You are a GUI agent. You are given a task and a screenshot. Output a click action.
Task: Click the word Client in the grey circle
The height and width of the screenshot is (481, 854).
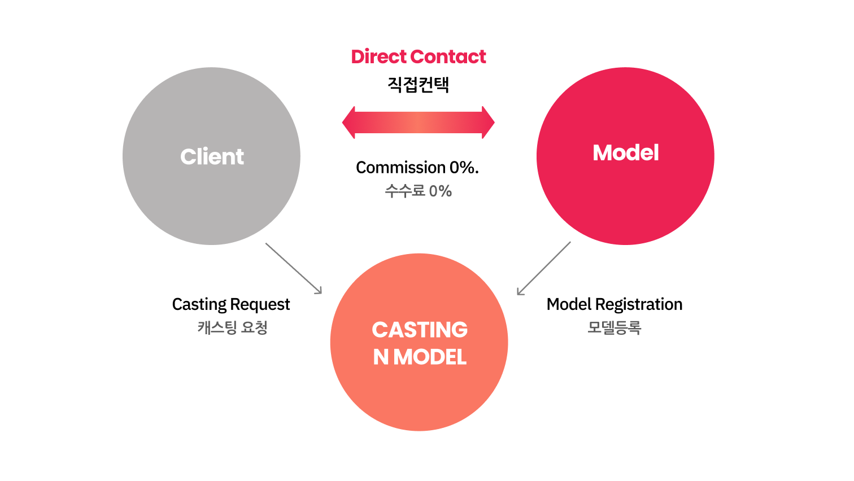[x=212, y=156]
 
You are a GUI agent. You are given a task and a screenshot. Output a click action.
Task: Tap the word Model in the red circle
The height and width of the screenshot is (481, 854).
[x=625, y=153]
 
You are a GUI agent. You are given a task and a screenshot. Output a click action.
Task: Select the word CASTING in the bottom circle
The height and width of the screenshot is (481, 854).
[x=420, y=330]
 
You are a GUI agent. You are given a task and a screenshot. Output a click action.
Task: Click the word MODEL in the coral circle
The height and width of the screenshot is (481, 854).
[x=430, y=357]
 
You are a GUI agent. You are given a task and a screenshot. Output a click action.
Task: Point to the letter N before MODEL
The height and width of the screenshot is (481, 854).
[x=381, y=357]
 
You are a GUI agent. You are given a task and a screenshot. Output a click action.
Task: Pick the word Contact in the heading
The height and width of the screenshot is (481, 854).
[x=448, y=56]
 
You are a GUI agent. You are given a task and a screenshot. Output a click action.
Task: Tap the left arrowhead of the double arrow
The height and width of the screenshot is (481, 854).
[x=349, y=122]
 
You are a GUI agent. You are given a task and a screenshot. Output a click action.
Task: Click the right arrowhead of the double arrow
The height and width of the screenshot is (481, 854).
[x=489, y=122]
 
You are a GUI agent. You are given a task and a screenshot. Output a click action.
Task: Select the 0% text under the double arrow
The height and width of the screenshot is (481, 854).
[x=441, y=191]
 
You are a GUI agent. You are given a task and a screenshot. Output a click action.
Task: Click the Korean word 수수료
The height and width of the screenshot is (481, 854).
[x=404, y=191]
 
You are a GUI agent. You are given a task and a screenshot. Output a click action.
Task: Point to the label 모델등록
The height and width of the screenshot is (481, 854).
[x=615, y=327]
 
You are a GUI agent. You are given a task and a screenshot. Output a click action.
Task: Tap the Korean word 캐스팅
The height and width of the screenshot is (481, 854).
[x=217, y=327]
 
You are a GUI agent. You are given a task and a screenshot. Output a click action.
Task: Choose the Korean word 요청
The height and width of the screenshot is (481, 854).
[x=254, y=327]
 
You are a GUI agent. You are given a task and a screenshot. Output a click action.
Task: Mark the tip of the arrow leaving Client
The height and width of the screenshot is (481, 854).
[x=321, y=293]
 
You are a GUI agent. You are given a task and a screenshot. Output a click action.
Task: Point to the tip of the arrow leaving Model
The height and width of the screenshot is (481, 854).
[x=518, y=294]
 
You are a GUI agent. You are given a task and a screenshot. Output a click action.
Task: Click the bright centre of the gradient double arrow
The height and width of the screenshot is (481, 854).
[x=419, y=122]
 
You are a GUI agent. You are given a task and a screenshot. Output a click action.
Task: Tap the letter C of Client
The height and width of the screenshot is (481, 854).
[x=188, y=156]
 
